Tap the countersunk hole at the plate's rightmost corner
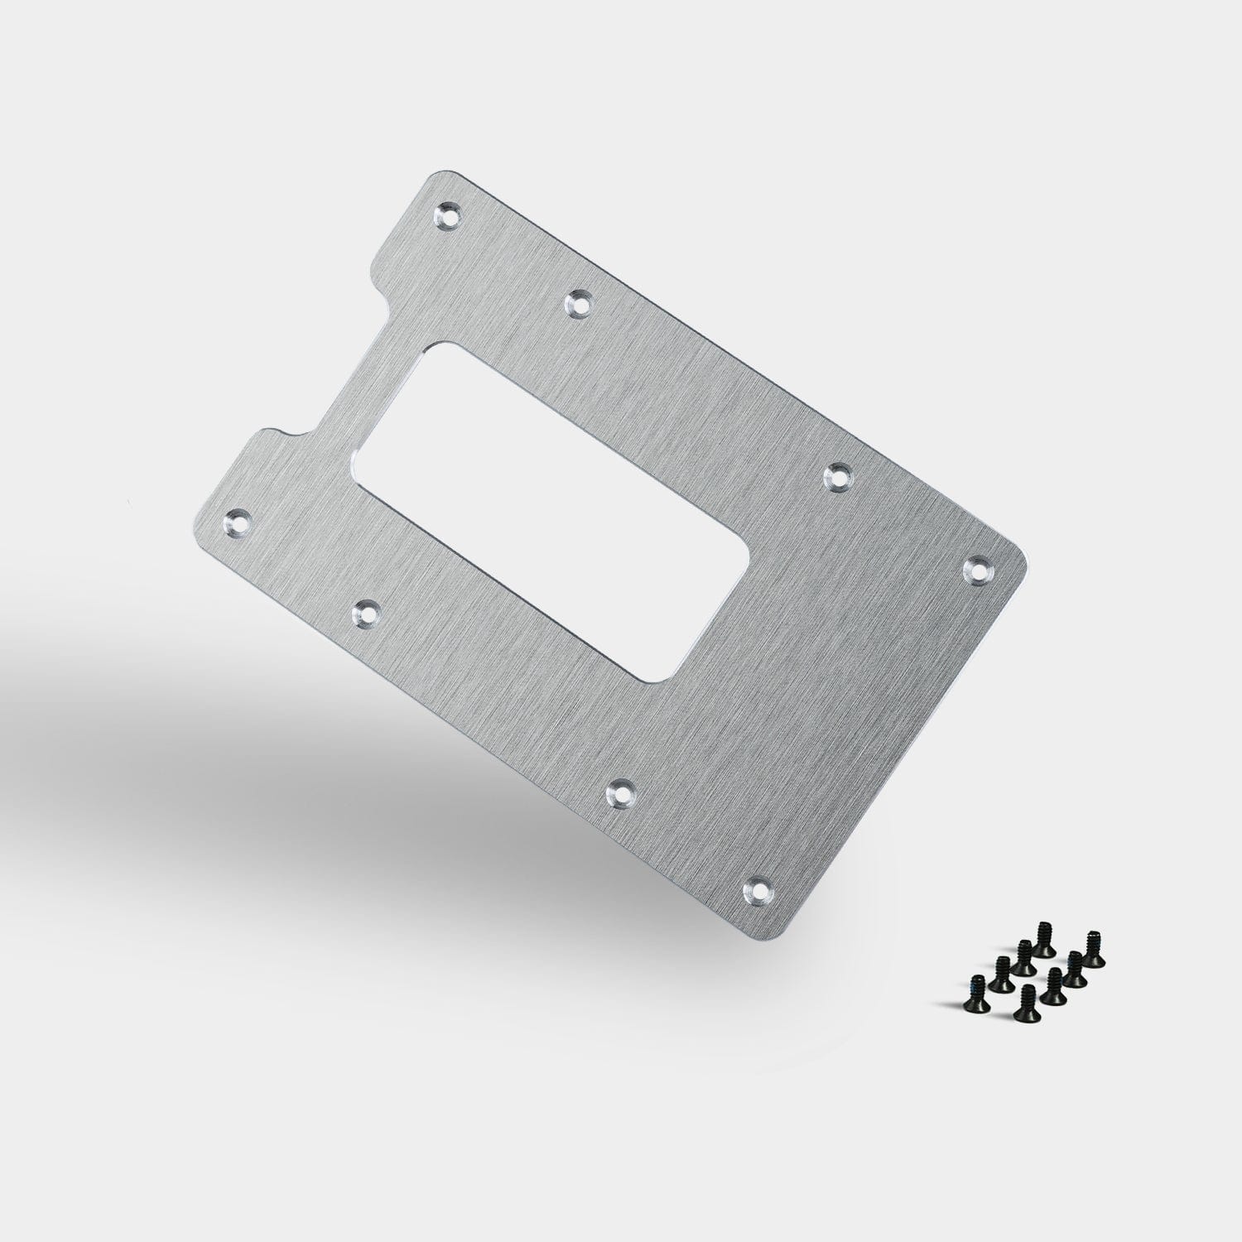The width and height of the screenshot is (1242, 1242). pos(980,569)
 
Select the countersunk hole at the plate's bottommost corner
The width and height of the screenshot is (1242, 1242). pos(758,890)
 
